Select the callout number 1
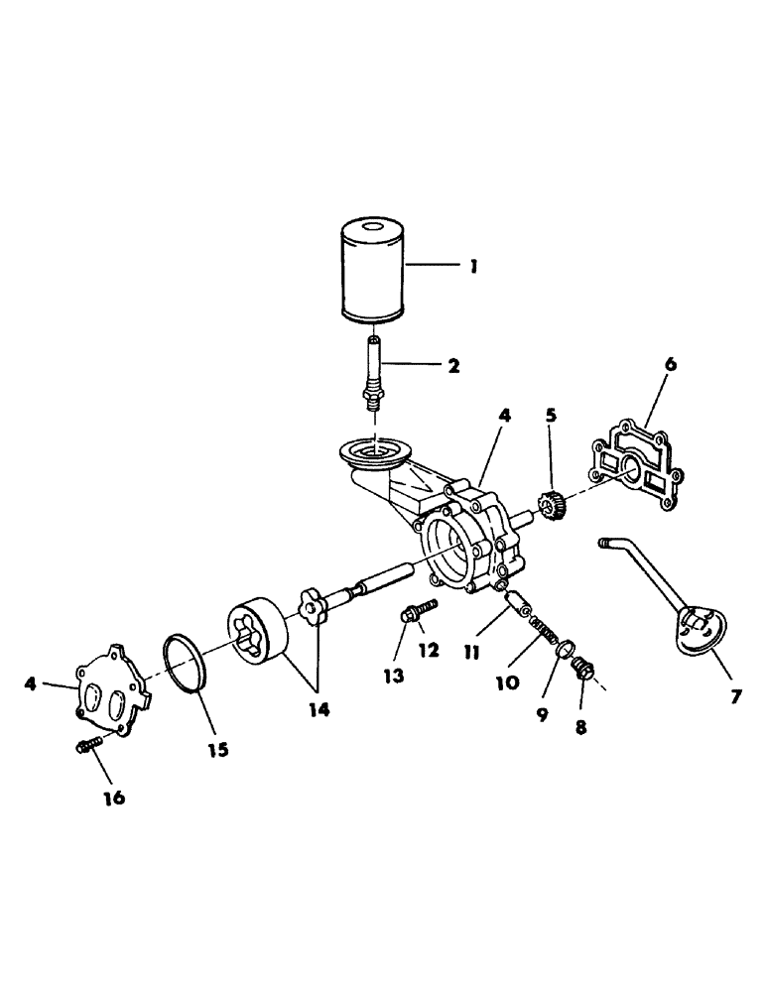point(473,266)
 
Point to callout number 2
point(452,365)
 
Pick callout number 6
point(670,364)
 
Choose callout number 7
point(735,696)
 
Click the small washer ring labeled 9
point(563,650)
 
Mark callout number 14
point(320,709)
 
